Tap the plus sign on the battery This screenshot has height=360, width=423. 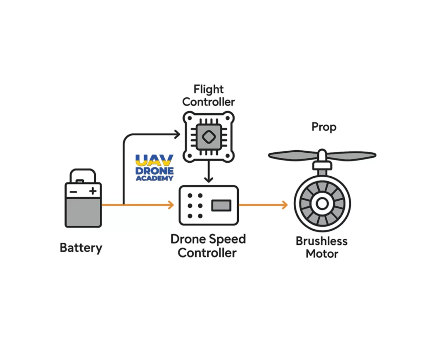[93, 191]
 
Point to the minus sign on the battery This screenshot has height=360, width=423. [73, 192]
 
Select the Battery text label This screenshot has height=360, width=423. [81, 248]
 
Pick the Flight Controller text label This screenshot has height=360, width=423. [209, 95]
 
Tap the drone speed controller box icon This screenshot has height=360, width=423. [209, 205]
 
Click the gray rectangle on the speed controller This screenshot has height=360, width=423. [221, 205]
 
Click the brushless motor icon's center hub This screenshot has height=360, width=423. [322, 203]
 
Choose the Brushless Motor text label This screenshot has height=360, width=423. [322, 247]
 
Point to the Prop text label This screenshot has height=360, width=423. [323, 127]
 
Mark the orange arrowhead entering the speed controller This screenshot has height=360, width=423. [171, 205]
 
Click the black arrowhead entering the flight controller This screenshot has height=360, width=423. [177, 134]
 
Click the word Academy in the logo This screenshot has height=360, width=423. [154, 178]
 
